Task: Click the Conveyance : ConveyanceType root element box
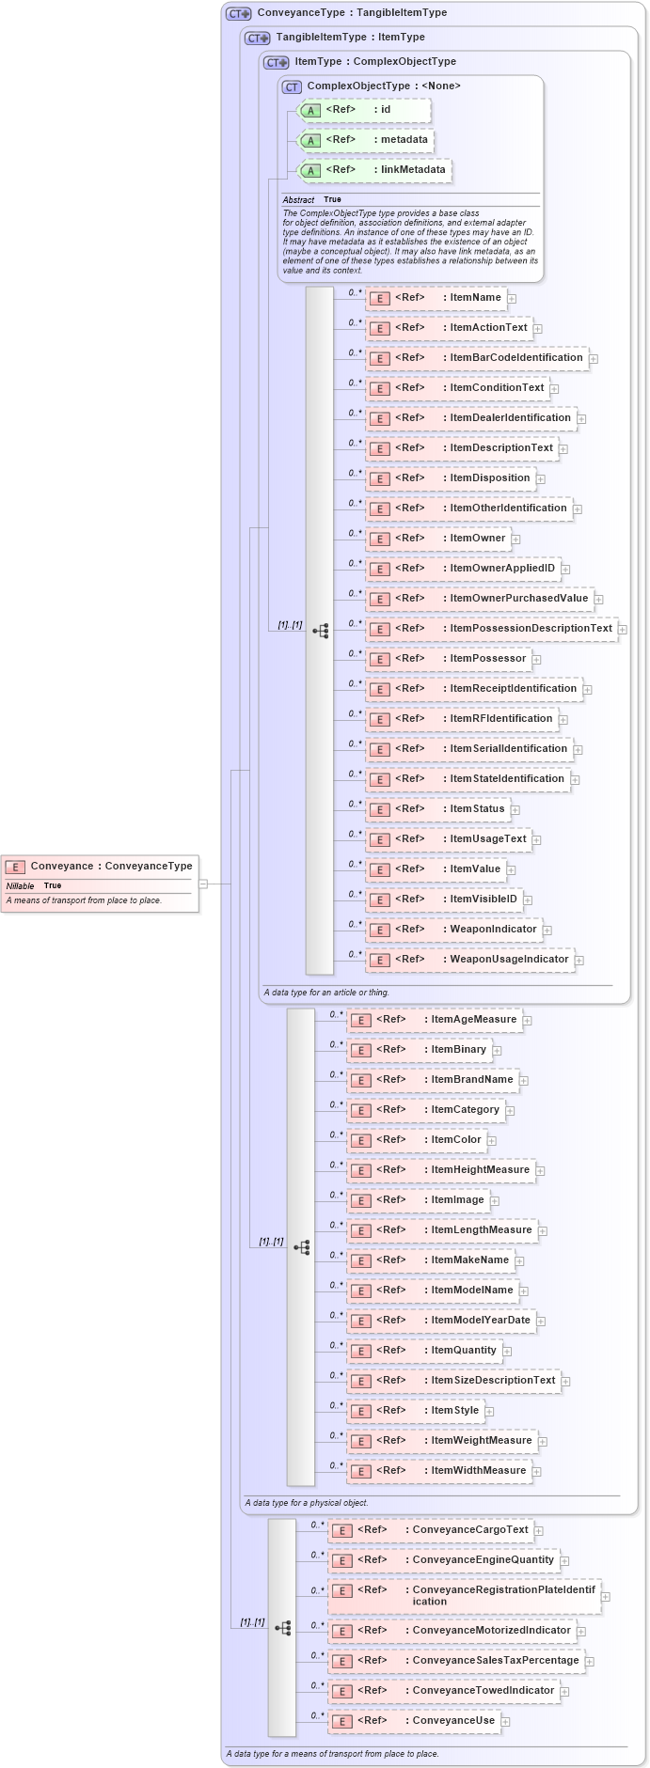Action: tap(100, 867)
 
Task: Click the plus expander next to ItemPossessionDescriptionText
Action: tap(623, 630)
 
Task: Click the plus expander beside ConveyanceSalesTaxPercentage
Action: tap(590, 1662)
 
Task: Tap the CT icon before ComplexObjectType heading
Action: tap(292, 86)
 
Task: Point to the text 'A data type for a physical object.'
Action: tap(307, 1503)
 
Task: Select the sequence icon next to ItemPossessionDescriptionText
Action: tap(321, 631)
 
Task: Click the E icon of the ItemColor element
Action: tap(361, 1141)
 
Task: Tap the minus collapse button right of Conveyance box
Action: tap(203, 884)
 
